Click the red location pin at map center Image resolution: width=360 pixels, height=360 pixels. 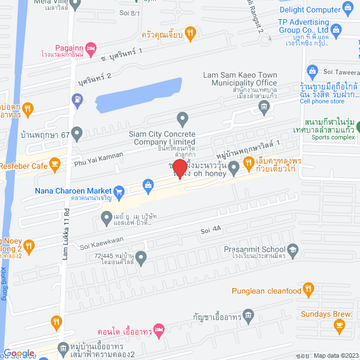(179, 169)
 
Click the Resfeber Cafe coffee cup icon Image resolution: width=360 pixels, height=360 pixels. (55, 164)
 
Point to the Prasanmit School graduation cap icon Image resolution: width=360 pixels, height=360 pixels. (292, 249)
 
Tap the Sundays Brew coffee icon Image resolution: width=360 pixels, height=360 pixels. (339, 325)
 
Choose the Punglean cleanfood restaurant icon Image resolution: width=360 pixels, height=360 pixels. (308, 290)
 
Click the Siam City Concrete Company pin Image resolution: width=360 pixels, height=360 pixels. (182, 119)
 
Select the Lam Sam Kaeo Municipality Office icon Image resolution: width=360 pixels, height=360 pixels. (265, 107)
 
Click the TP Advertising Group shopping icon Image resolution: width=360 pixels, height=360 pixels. (337, 29)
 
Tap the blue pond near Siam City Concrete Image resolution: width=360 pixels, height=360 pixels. (138, 93)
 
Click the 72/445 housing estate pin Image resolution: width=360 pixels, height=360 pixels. (141, 258)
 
